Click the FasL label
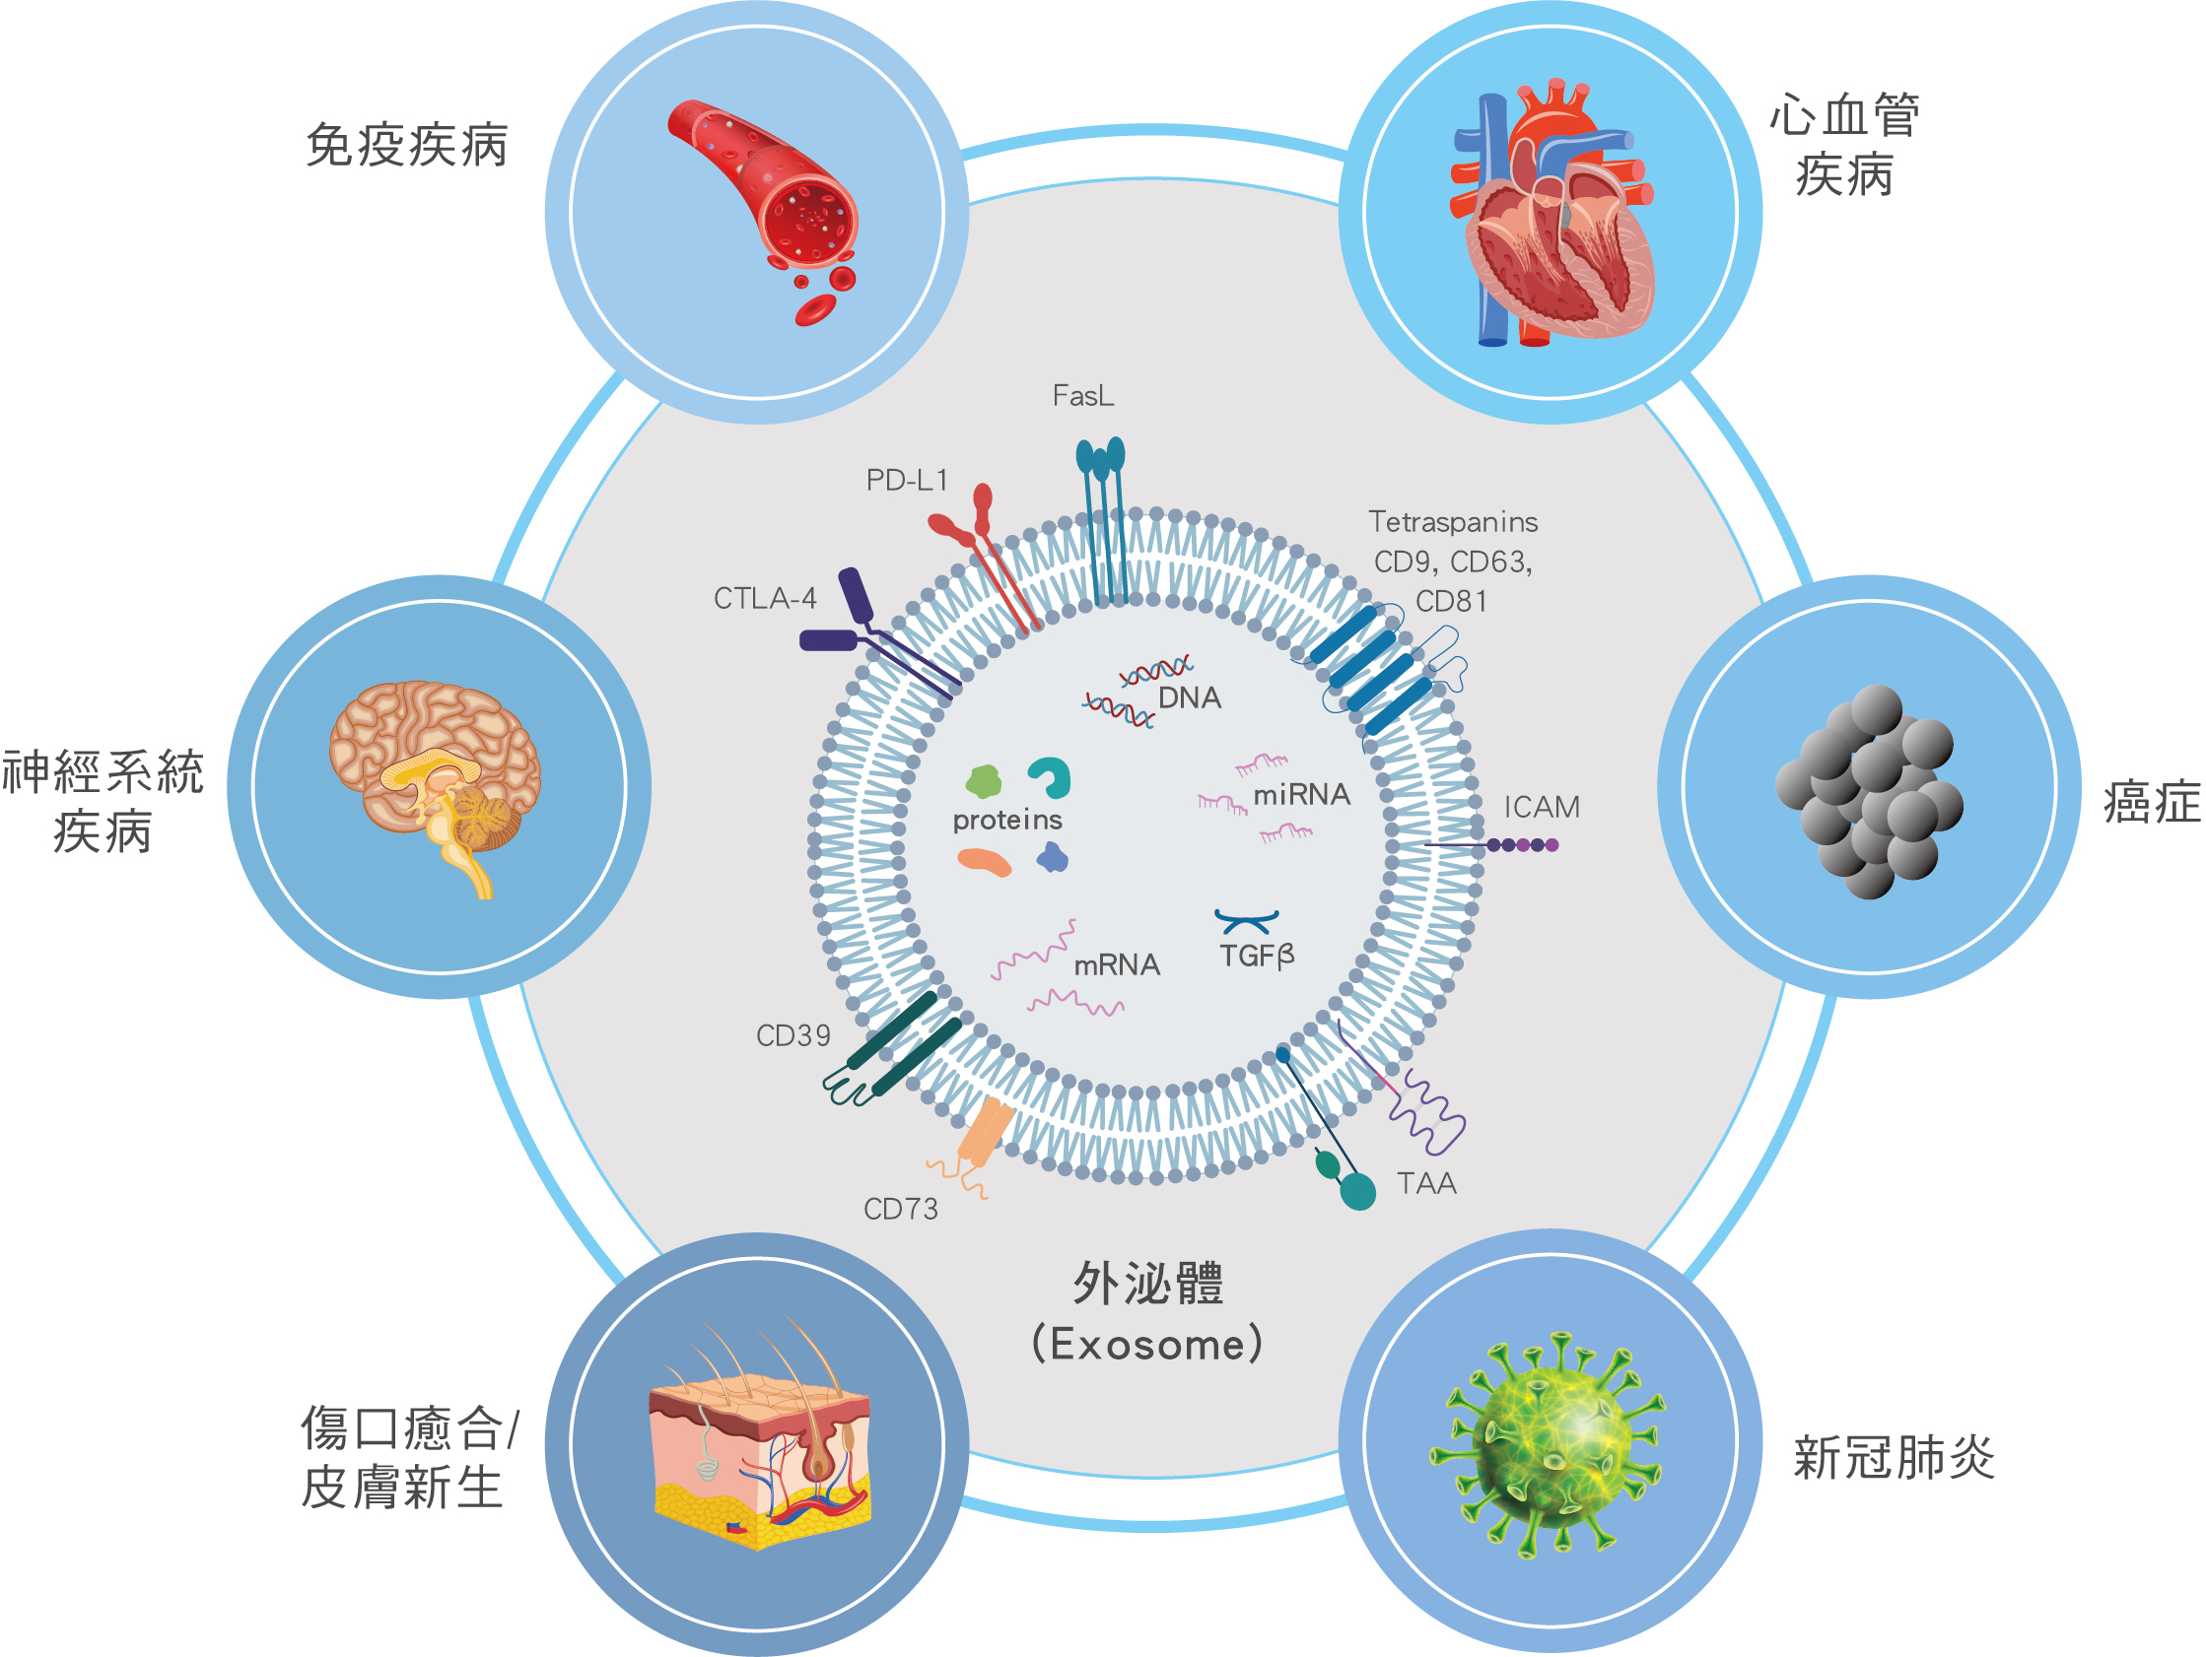click(x=1083, y=396)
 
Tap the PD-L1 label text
click(x=907, y=481)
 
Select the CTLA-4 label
click(x=765, y=598)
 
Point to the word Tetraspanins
click(x=1452, y=522)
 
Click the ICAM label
click(x=1542, y=807)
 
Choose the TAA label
click(x=1426, y=1183)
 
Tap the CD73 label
click(x=901, y=1210)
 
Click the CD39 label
click(x=793, y=1036)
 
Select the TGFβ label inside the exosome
click(x=1257, y=957)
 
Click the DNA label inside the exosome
click(x=1189, y=697)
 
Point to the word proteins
click(x=1007, y=820)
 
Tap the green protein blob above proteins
click(x=984, y=781)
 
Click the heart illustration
click(x=1551, y=215)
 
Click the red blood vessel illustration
click(x=773, y=204)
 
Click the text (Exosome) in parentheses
click(x=1147, y=1344)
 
